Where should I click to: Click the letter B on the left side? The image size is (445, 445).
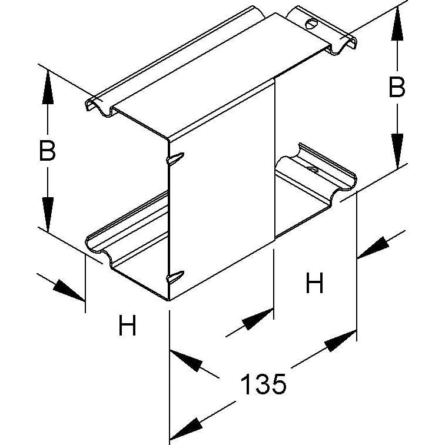[47, 151]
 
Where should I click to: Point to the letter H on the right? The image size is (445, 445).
[314, 283]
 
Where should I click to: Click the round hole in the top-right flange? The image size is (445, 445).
[311, 24]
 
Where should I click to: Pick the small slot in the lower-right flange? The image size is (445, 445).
[313, 170]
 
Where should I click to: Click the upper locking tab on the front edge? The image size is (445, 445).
[175, 158]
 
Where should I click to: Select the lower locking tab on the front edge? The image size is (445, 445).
[175, 277]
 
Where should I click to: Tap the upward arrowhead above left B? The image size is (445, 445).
[48, 87]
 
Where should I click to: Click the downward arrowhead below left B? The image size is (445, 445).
[48, 215]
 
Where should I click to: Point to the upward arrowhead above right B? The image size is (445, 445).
[397, 24]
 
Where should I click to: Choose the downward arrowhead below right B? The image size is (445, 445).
[397, 151]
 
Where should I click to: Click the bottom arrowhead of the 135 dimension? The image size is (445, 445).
[185, 429]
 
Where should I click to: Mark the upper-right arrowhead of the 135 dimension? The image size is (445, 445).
[341, 341]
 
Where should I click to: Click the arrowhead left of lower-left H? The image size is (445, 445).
[69, 290]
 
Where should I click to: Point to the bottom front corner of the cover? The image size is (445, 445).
[168, 300]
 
